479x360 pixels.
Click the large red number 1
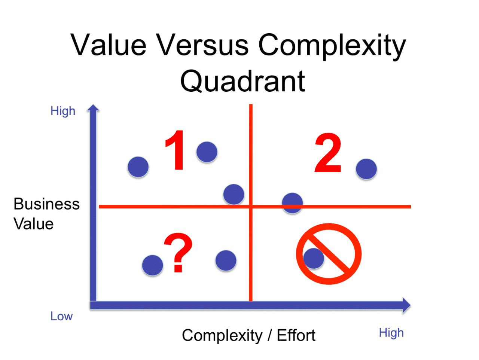click(x=175, y=150)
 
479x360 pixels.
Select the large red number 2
click(x=328, y=153)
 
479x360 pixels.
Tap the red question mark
click(x=179, y=253)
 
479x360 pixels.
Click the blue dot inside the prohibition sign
click(x=314, y=258)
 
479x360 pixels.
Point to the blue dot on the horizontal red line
click(x=292, y=203)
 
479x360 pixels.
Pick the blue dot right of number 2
click(x=366, y=169)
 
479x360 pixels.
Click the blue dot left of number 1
click(x=138, y=167)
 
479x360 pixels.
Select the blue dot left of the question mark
click(x=153, y=265)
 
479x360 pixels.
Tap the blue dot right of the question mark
click(x=226, y=260)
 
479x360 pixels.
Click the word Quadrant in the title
click(x=242, y=81)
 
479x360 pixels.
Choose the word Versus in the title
click(x=202, y=45)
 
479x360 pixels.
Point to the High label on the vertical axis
click(x=63, y=111)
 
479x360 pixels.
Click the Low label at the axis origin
click(x=61, y=316)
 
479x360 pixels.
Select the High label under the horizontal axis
click(x=391, y=333)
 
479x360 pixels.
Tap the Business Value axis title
click(x=46, y=214)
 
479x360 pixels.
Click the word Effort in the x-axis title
click(x=296, y=335)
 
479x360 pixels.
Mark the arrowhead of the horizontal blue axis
click(x=406, y=305)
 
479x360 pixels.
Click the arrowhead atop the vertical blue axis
click(x=93, y=109)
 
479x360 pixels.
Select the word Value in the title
click(x=109, y=45)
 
